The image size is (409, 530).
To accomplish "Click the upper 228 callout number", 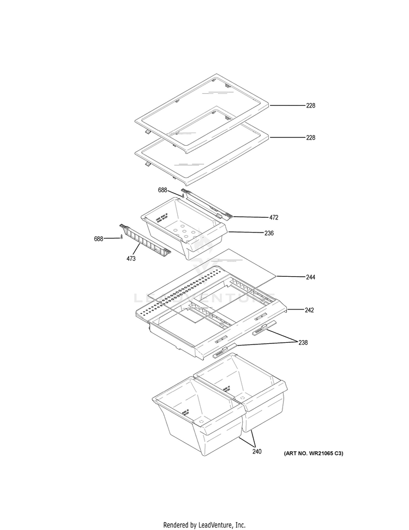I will pyautogui.click(x=310, y=105).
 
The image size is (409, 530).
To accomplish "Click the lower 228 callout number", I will pyautogui.click(x=310, y=138).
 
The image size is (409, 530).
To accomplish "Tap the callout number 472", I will pyautogui.click(x=273, y=217).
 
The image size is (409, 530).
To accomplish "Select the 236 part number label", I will pyautogui.click(x=269, y=233).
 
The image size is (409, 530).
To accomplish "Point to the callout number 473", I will pyautogui.click(x=131, y=258).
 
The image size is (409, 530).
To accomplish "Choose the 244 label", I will pyautogui.click(x=310, y=277).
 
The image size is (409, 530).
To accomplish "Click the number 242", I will pyautogui.click(x=309, y=310).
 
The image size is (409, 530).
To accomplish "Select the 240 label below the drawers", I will pyautogui.click(x=256, y=451).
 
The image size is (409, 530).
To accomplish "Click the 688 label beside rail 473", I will pyautogui.click(x=98, y=239).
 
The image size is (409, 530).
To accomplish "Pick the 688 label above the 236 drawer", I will pyautogui.click(x=163, y=190).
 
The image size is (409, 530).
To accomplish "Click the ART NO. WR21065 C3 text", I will pyautogui.click(x=313, y=454).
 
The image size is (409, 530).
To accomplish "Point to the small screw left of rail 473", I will pyautogui.click(x=122, y=236).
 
